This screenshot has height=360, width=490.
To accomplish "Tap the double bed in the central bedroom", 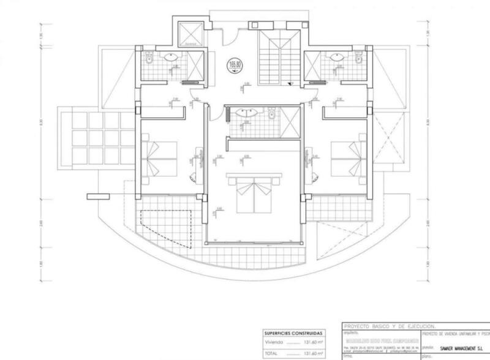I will point(253,193).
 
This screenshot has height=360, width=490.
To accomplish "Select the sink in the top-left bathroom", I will point(172,57).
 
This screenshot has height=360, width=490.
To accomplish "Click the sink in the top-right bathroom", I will point(334,57).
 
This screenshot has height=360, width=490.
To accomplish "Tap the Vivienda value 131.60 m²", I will point(314,343).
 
